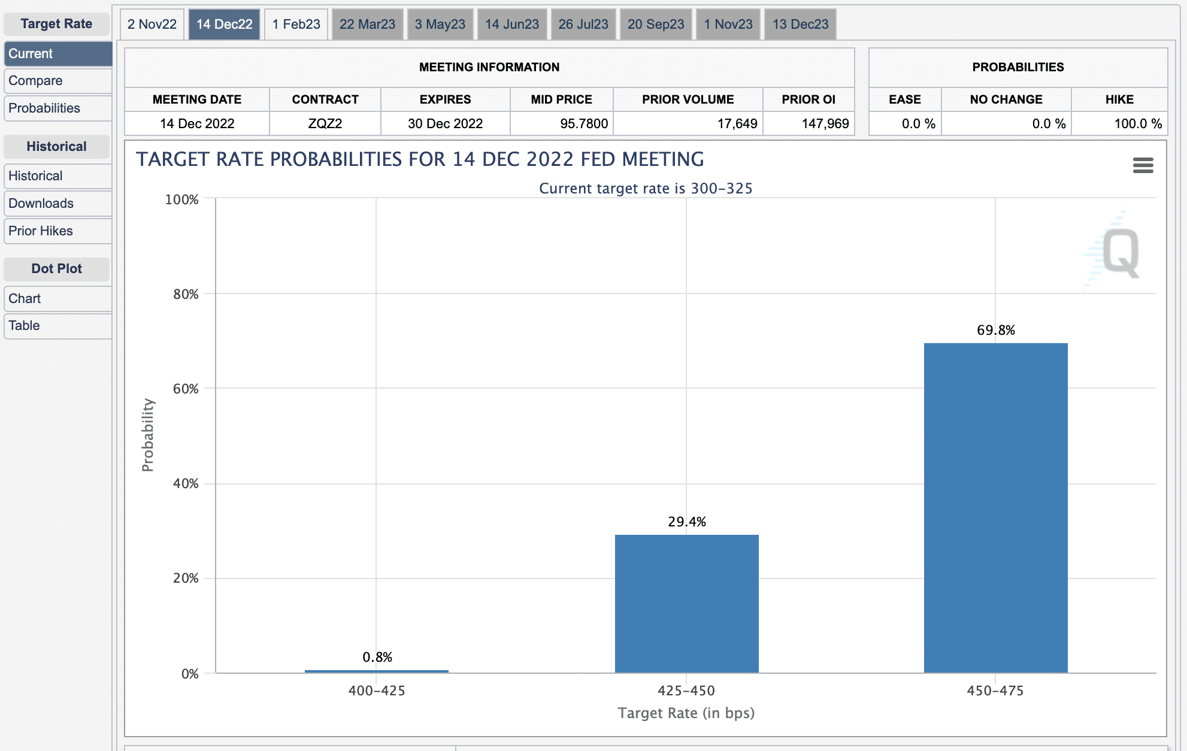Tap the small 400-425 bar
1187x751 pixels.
(x=377, y=671)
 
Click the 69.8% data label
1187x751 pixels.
(x=995, y=330)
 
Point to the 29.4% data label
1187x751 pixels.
(x=686, y=522)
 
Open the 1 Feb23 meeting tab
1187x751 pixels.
(x=296, y=25)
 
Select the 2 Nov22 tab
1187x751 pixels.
(x=152, y=25)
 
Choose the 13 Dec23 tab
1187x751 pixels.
(x=800, y=25)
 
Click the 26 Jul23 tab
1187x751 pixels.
(x=583, y=25)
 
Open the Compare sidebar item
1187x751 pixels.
(x=57, y=81)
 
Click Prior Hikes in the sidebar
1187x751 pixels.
(x=57, y=231)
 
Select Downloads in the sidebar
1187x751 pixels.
(x=57, y=204)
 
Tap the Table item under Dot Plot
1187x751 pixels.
(x=57, y=326)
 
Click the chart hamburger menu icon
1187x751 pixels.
(x=1143, y=165)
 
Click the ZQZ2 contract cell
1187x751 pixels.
(x=325, y=124)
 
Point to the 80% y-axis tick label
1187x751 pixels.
(x=186, y=294)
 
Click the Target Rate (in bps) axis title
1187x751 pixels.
(x=686, y=713)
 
